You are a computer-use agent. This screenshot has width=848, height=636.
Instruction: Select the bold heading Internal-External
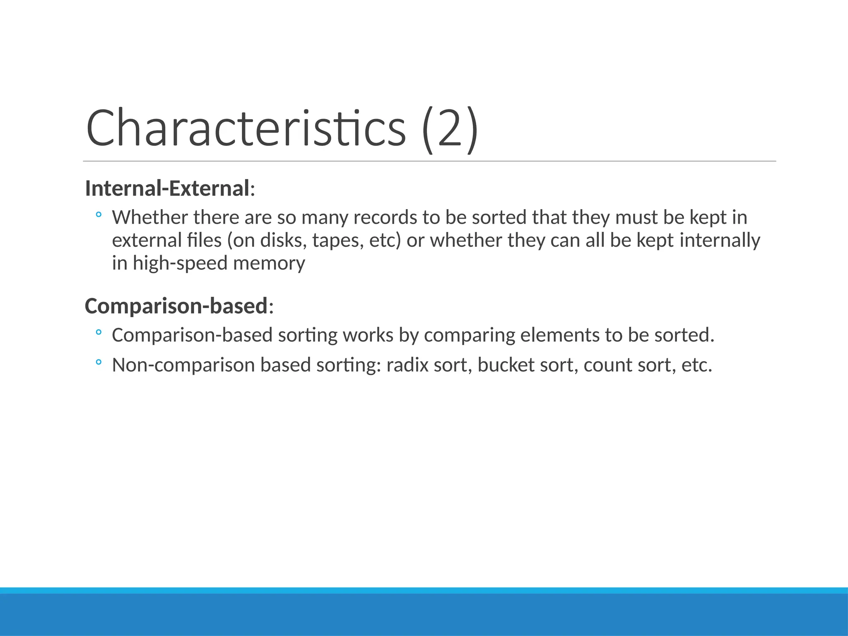point(167,188)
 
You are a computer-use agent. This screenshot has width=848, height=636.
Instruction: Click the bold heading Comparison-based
point(176,306)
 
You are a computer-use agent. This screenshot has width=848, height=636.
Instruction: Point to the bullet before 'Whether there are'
point(98,215)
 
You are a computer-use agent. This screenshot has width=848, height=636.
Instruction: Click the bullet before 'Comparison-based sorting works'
point(98,332)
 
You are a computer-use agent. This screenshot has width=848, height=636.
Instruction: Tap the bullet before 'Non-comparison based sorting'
point(98,363)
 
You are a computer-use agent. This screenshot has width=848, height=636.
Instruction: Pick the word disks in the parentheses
point(283,241)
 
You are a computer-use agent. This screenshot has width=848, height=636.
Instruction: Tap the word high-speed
point(180,264)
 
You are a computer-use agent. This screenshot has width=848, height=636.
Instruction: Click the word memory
point(269,264)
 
